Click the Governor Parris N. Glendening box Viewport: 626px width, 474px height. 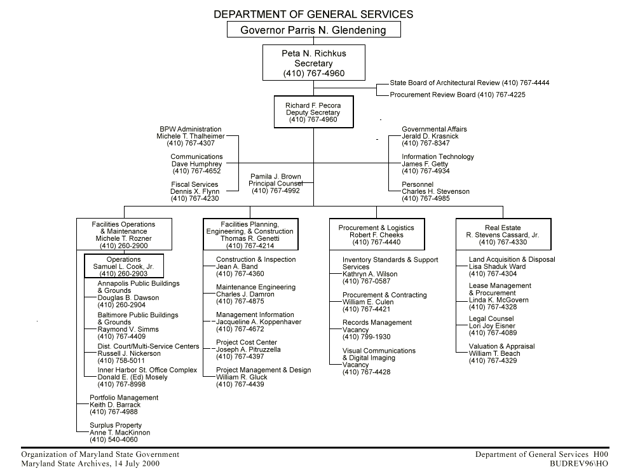coord(313,30)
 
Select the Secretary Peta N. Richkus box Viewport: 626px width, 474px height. coord(313,63)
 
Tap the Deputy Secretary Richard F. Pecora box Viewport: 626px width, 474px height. coord(313,112)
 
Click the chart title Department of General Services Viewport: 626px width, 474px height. coord(313,14)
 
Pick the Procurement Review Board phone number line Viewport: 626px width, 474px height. coord(458,95)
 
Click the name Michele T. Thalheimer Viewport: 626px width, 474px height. coord(191,136)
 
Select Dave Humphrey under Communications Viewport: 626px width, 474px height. coord(197,164)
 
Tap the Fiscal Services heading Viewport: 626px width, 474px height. coord(194,185)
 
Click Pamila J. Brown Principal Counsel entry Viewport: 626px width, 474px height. coord(275,184)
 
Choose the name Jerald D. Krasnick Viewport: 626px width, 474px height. coord(430,136)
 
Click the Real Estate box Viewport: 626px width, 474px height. coord(503,234)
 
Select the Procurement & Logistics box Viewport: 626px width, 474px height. coord(376,234)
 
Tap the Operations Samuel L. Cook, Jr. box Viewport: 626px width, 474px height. coord(124,266)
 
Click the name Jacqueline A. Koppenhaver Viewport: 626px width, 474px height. coord(258,322)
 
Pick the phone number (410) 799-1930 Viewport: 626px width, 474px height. coord(366,337)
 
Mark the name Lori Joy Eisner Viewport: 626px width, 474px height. coord(493,326)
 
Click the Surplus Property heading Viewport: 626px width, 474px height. coord(116,425)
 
